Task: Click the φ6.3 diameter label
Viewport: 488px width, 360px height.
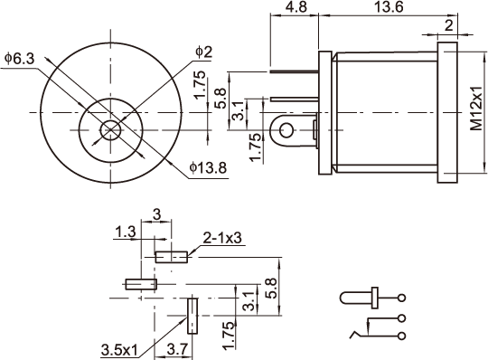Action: point(19,58)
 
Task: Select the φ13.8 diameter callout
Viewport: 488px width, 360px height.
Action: point(208,168)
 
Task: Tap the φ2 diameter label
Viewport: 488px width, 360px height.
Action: point(204,52)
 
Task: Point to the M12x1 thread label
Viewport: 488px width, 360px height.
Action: point(476,109)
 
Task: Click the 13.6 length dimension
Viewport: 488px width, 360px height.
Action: point(388,7)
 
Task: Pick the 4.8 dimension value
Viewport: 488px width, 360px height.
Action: point(296,7)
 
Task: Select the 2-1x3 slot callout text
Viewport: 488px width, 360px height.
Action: point(222,238)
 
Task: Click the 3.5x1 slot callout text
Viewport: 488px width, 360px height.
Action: point(119,350)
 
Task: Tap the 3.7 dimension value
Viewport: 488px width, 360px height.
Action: point(178,349)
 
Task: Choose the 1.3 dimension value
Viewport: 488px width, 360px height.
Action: point(126,232)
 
